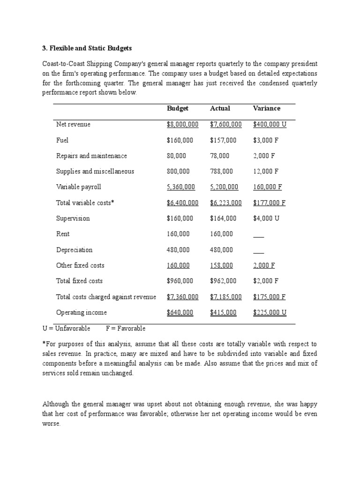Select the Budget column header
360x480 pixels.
(178, 108)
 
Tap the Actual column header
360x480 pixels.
(220, 108)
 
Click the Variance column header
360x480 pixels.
(266, 108)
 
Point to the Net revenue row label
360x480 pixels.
(73, 125)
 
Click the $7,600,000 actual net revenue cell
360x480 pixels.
(225, 125)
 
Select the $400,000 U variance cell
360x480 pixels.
(270, 125)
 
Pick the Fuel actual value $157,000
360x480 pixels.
(223, 140)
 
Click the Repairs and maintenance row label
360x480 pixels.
(91, 156)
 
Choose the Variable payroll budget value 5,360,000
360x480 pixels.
(180, 187)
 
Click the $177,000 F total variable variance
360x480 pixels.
(269, 203)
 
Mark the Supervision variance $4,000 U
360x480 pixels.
(266, 218)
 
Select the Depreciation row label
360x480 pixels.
(74, 250)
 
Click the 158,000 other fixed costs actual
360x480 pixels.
(221, 265)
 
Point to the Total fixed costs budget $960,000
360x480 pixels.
(180, 281)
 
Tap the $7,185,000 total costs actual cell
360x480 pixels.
(225, 297)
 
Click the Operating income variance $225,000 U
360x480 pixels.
(270, 313)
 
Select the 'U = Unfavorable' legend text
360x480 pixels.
(66, 329)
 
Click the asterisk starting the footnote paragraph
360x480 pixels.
(44, 344)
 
